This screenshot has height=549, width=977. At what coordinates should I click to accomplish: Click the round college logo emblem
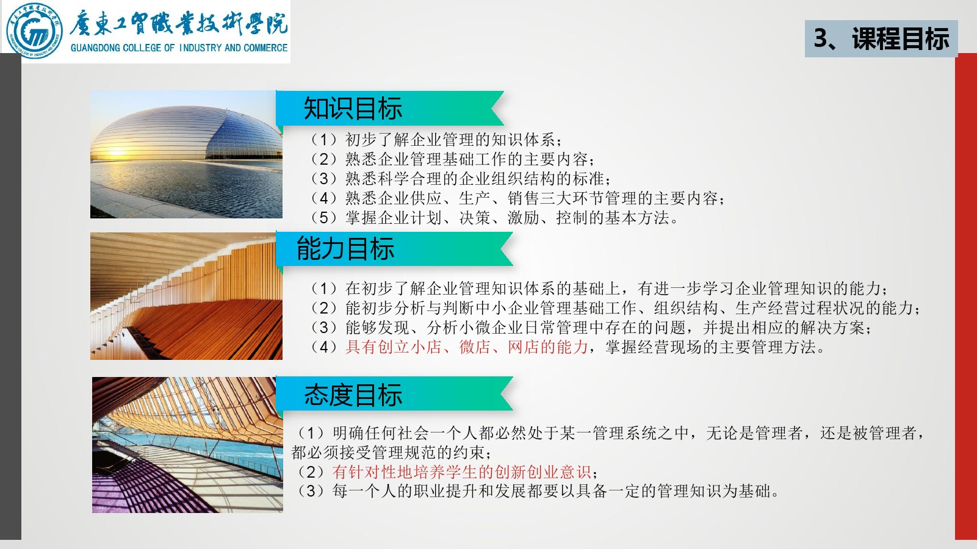34,30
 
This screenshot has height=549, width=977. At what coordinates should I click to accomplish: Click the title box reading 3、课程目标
881,38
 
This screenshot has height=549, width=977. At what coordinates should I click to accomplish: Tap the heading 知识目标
353,108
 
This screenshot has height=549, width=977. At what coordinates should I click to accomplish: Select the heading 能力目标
345,248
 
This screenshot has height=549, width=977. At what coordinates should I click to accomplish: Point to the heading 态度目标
353,395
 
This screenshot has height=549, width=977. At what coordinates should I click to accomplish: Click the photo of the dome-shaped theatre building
186,154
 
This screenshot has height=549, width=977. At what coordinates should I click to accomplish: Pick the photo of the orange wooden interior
186,296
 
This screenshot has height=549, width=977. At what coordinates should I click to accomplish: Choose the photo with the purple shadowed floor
187,445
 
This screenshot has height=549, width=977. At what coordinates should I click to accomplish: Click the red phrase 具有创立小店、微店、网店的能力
466,347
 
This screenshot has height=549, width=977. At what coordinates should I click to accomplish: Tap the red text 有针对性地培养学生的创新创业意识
461,472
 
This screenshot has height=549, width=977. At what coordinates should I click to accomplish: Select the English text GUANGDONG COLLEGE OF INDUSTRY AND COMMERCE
179,48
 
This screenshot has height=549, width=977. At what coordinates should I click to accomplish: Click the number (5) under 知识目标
324,218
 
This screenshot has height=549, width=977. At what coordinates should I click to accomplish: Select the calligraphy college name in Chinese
179,23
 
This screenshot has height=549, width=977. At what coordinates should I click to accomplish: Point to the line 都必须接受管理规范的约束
391,453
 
